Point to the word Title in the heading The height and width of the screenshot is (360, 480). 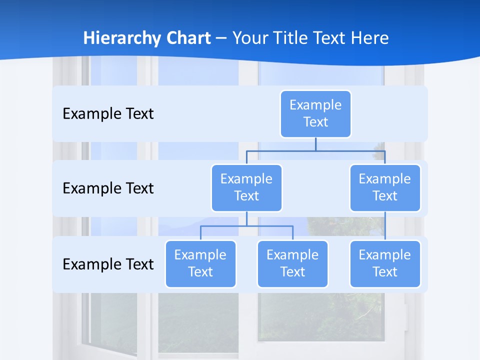pos(292,38)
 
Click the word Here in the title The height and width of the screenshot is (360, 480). pos(369,38)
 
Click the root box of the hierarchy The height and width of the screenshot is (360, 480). pos(315,113)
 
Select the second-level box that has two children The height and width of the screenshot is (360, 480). pos(246,187)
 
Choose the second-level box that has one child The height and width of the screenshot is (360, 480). pos(385,187)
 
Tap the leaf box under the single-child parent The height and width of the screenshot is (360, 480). pos(385,263)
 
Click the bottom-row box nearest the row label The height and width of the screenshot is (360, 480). pos(200,263)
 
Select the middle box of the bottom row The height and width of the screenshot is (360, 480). pos(292,263)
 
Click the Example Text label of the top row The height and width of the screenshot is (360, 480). pos(108,114)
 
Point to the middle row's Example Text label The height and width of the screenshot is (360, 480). pos(108,188)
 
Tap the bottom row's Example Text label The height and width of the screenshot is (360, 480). pos(108,264)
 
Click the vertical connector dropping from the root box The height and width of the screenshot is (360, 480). pos(315,144)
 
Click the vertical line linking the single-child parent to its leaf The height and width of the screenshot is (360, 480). pos(385,226)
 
